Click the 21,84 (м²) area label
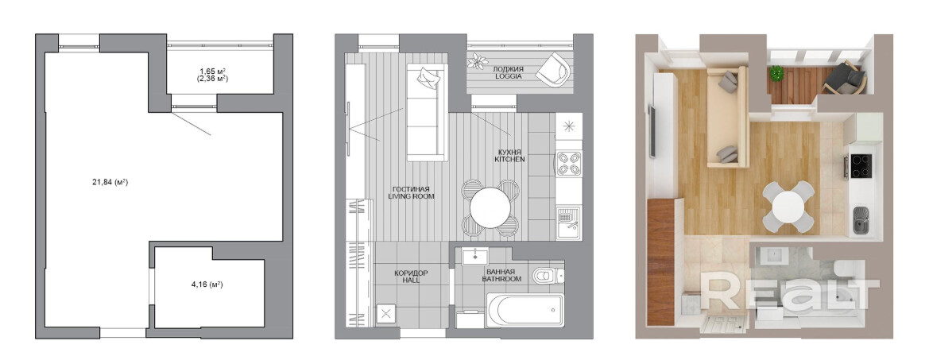110,182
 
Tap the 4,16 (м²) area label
207,285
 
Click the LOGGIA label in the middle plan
508,75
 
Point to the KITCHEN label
509,160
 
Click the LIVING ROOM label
411,196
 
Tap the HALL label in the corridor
411,280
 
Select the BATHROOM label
501,278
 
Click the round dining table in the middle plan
490,208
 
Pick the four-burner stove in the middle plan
568,163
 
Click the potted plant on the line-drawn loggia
478,61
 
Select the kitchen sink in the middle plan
568,222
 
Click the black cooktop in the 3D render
861,166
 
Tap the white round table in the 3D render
788,207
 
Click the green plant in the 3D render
776,73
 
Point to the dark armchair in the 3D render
844,78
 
